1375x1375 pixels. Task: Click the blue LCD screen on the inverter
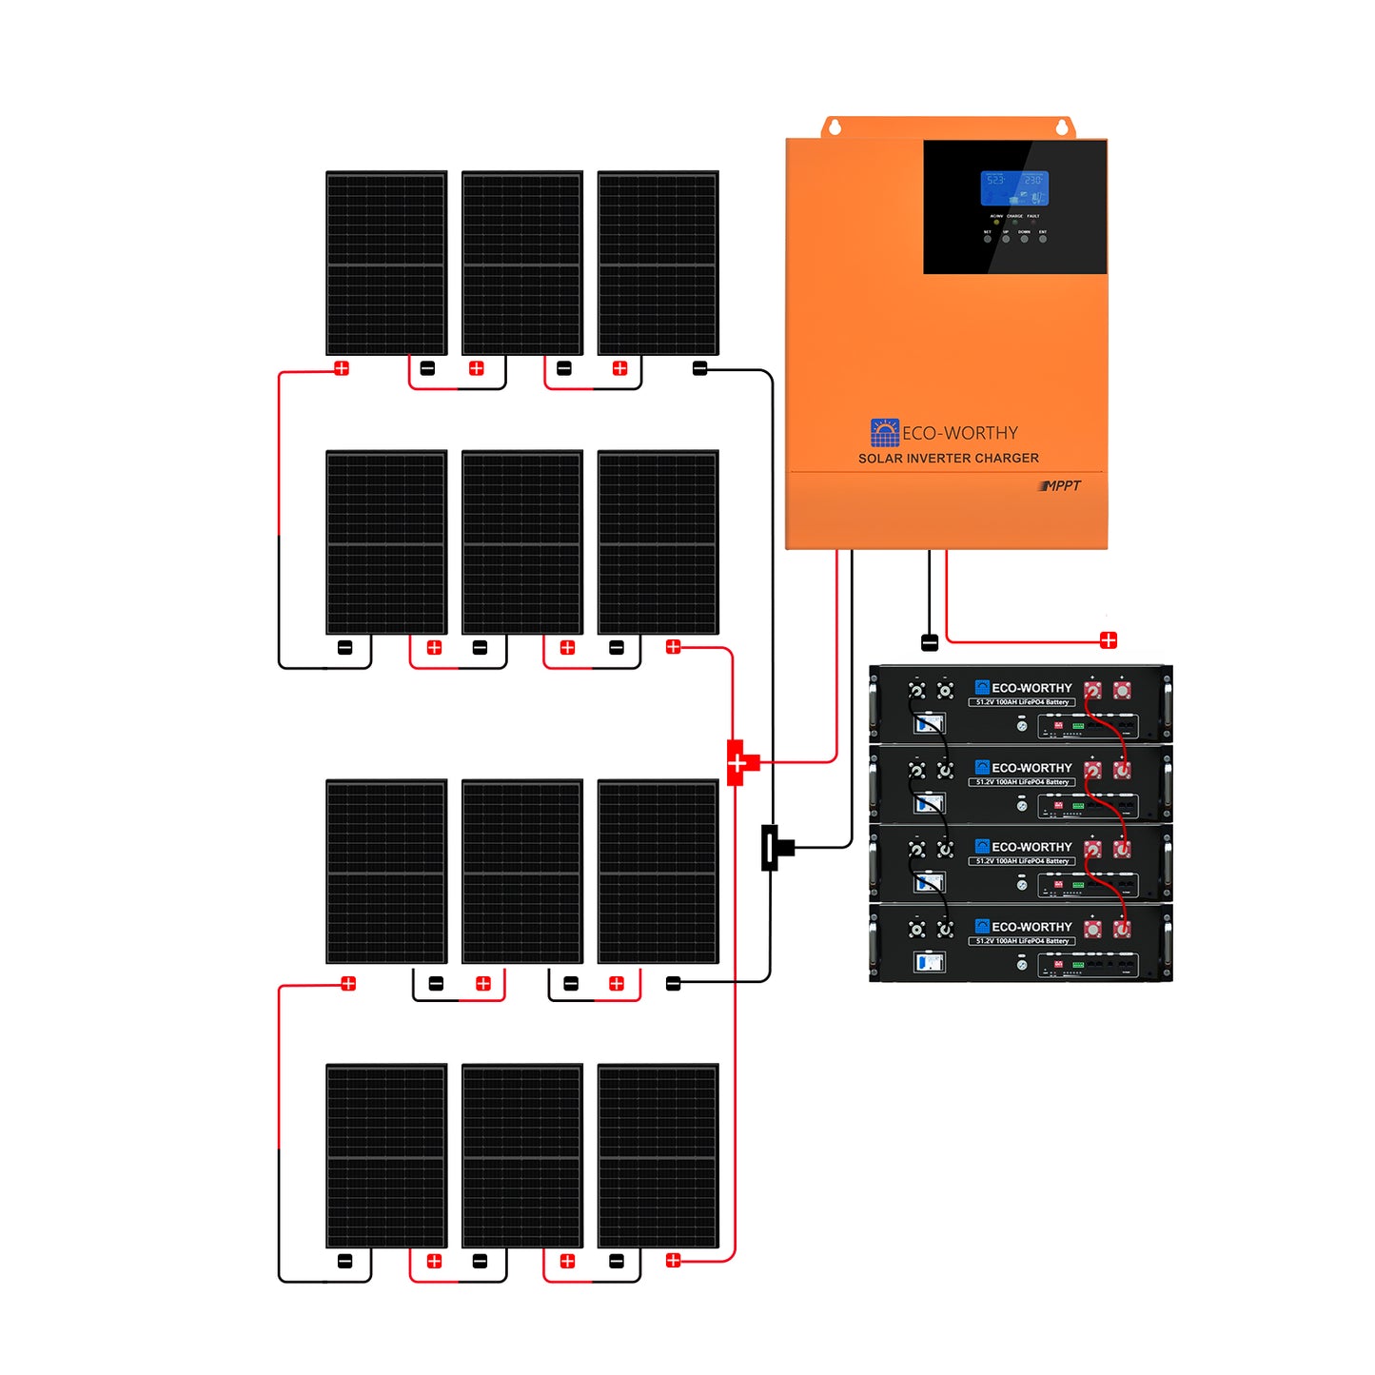(x=1014, y=188)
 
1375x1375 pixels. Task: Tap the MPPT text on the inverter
(x=1061, y=485)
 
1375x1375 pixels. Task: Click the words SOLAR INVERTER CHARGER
(x=948, y=458)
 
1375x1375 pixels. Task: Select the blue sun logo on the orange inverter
(x=884, y=433)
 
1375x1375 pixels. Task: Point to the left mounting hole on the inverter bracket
(x=835, y=127)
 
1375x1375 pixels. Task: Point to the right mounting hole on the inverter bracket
(x=1063, y=127)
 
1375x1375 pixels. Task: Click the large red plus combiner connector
(x=739, y=762)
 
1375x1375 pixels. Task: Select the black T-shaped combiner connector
(x=773, y=847)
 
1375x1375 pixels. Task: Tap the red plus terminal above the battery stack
(x=1108, y=639)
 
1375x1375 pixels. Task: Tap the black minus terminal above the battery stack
(x=930, y=642)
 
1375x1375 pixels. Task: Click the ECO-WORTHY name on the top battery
(x=1031, y=687)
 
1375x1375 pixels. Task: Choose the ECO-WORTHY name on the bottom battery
(x=1031, y=926)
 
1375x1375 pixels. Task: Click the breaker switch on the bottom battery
(x=929, y=962)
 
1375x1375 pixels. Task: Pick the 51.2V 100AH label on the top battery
(x=1022, y=702)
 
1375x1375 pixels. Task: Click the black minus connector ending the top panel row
(x=699, y=368)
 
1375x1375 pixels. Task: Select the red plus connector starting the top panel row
(x=342, y=368)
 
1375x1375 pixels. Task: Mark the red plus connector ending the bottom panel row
(x=674, y=1260)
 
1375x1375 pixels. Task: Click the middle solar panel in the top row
(x=521, y=263)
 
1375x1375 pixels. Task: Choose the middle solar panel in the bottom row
(x=521, y=1155)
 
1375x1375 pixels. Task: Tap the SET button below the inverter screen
(x=988, y=239)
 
